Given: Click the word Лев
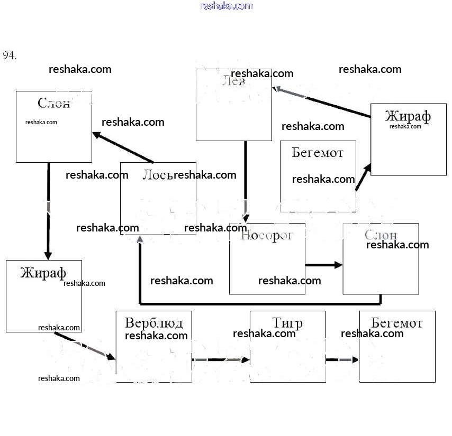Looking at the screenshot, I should (x=233, y=82).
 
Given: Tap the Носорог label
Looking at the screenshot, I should (x=267, y=236).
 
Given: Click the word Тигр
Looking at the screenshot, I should (x=287, y=323).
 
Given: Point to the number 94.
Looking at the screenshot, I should (x=10, y=55).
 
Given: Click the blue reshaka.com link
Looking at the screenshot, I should (x=227, y=6).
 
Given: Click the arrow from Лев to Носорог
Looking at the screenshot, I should (x=246, y=180).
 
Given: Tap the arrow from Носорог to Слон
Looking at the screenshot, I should (x=323, y=265).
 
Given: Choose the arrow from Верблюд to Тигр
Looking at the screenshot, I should (x=220, y=360).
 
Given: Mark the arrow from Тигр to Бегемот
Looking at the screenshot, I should (x=342, y=360).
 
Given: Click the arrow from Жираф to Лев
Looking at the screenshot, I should (x=322, y=102).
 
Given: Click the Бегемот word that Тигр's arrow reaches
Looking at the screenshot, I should (x=397, y=323).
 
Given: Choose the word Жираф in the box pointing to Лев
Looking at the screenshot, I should (x=408, y=116).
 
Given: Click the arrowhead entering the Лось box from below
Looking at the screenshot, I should (x=140, y=240).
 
